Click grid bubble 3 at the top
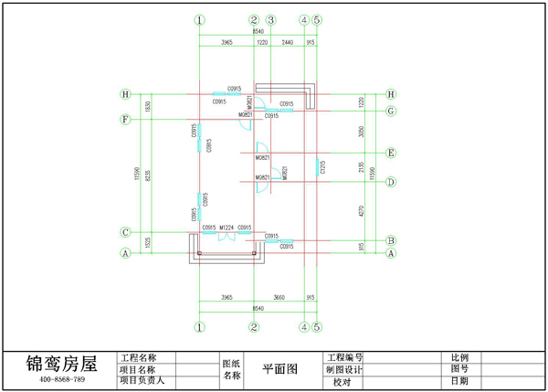(270, 19)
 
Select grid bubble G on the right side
(391, 111)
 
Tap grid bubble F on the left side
(126, 120)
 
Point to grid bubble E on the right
(391, 153)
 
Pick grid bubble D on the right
(391, 182)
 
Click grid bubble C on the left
(126, 232)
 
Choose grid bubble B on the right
(391, 241)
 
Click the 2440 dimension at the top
(287, 43)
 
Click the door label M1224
(227, 227)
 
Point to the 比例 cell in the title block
(459, 357)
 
